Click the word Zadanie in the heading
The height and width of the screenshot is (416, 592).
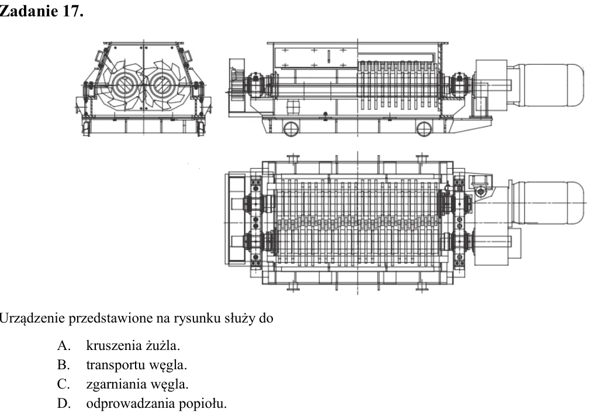(29, 11)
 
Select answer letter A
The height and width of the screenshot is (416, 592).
(64, 345)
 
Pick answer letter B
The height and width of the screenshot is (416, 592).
(64, 365)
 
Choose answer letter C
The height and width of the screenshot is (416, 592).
(64, 384)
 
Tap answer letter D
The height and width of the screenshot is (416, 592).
(64, 404)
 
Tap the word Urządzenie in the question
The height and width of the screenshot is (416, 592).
(33, 318)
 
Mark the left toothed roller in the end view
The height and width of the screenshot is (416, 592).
(122, 85)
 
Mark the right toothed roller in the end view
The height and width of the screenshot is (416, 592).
(162, 85)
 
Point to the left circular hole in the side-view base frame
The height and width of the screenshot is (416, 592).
(291, 129)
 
